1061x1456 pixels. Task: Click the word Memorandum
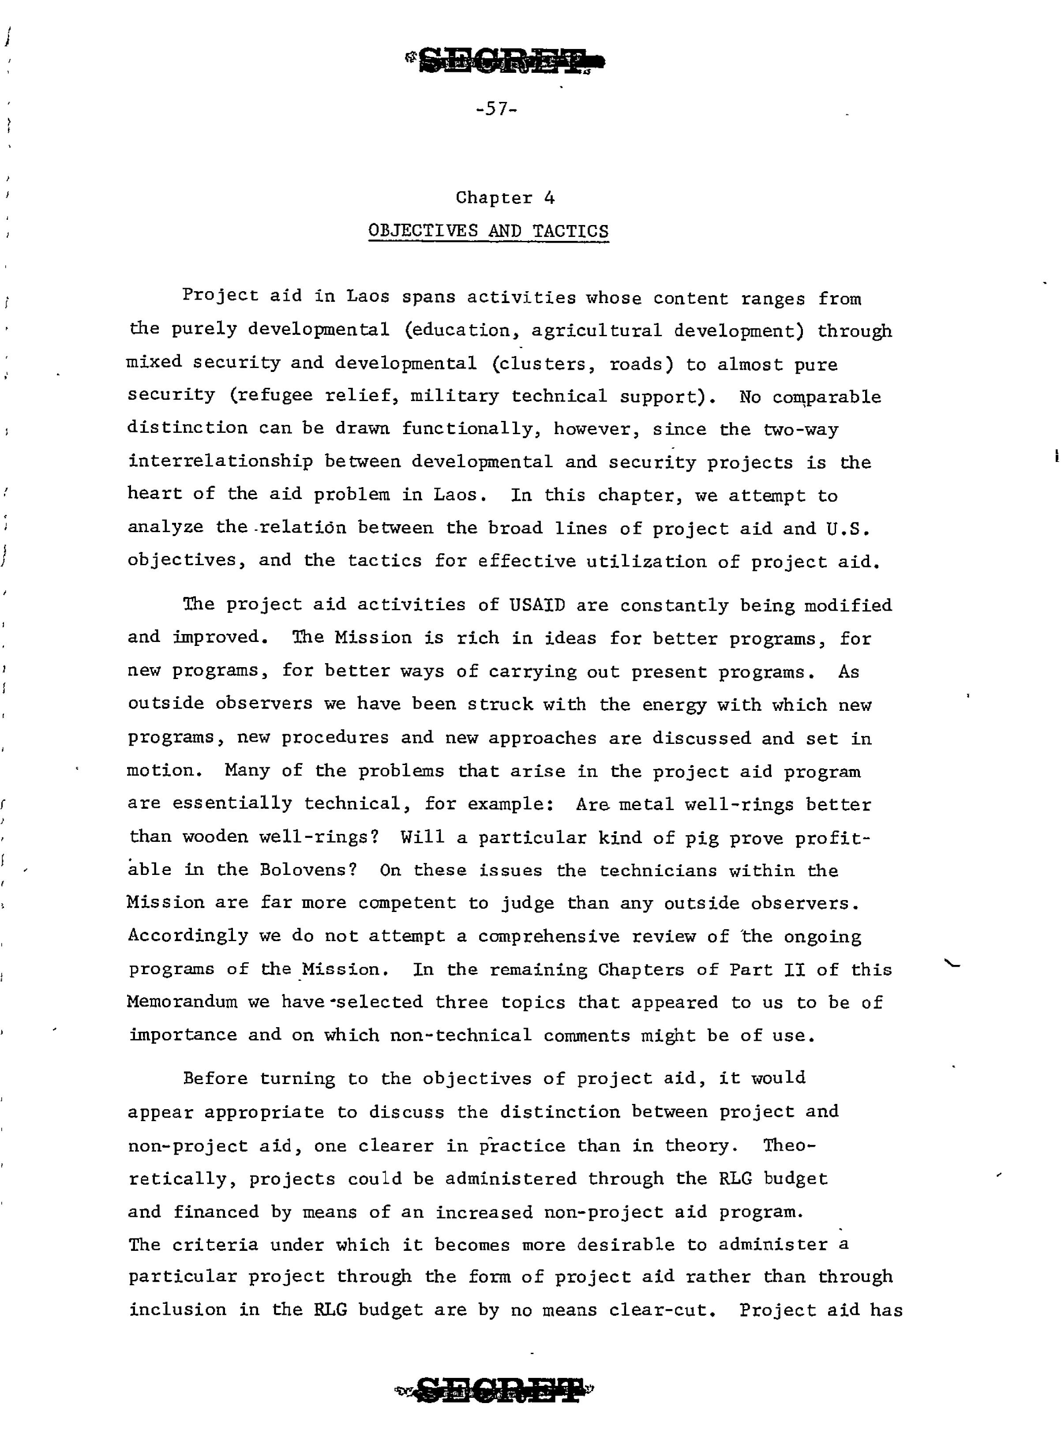click(182, 1002)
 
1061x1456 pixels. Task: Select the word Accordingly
click(187, 936)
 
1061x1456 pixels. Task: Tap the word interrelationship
click(220, 462)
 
